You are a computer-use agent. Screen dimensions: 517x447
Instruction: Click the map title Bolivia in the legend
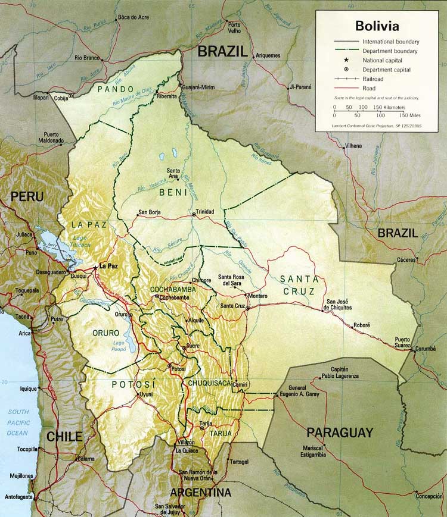coord(377,26)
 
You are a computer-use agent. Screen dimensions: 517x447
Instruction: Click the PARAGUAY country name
coord(340,433)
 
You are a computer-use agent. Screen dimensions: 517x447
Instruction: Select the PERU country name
coord(26,196)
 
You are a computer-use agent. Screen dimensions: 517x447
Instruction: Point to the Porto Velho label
coord(234,27)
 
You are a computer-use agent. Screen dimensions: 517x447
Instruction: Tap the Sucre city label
coord(192,345)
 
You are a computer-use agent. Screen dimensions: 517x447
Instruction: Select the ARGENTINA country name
coord(200,493)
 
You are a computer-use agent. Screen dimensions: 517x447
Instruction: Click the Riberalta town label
coord(166,95)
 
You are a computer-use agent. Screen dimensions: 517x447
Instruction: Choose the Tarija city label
coord(206,423)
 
